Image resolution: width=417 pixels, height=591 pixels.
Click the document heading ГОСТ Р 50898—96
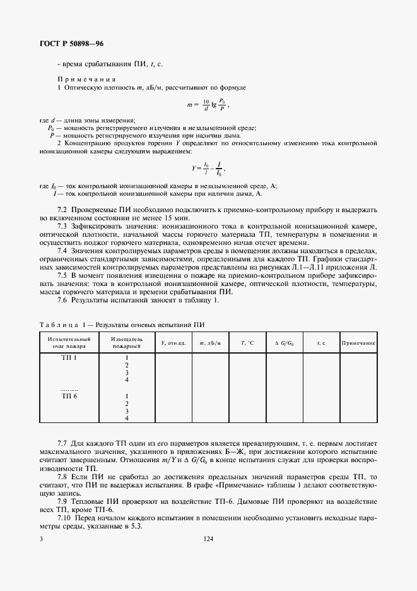click(x=68, y=44)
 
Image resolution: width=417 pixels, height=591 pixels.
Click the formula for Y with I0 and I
click(x=207, y=169)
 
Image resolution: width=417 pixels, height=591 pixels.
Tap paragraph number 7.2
click(x=63, y=209)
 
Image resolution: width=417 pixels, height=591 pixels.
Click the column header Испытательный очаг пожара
click(x=69, y=342)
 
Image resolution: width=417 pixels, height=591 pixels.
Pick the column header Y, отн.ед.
click(x=173, y=342)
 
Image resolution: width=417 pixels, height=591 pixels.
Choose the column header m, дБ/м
click(x=209, y=342)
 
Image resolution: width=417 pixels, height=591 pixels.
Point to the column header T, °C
click(x=247, y=342)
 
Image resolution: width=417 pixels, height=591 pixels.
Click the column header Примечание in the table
click(x=358, y=342)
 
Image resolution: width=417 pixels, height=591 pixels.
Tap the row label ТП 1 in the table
click(x=69, y=357)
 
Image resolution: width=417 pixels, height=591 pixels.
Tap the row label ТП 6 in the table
click(x=69, y=396)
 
